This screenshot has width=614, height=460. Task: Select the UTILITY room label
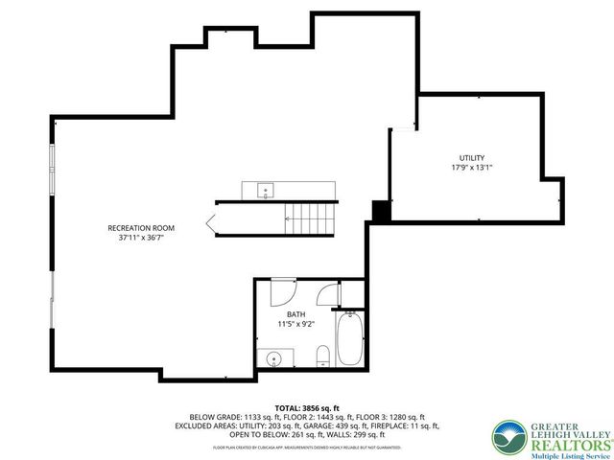470,157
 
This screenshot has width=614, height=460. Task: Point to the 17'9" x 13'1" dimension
470,167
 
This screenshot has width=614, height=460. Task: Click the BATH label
295,314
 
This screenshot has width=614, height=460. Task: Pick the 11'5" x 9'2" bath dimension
295,324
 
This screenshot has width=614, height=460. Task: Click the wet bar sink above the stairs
265,190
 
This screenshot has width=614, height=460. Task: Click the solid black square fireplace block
380,211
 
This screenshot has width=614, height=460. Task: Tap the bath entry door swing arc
283,287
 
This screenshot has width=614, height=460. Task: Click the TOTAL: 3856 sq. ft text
307,407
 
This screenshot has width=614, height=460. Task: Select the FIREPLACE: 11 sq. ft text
413,425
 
